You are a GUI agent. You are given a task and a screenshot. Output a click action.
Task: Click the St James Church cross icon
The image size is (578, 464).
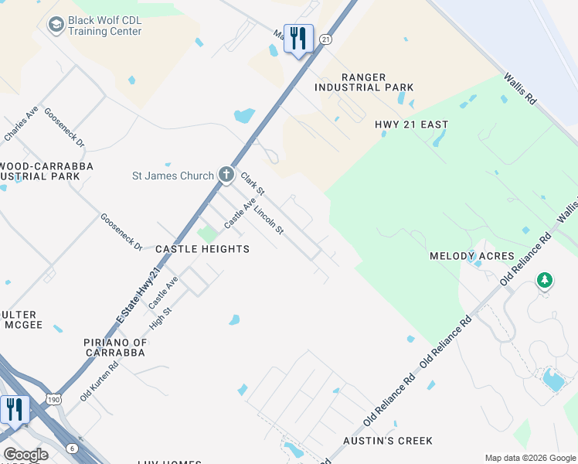click(226, 174)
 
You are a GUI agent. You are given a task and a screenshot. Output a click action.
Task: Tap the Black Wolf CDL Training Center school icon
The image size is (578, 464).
click(56, 26)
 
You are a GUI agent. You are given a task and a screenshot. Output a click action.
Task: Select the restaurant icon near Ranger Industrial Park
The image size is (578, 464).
click(298, 38)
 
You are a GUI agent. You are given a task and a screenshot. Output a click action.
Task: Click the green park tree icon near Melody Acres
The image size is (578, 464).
click(545, 280)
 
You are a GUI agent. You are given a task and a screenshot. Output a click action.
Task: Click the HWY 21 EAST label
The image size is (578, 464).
click(411, 125)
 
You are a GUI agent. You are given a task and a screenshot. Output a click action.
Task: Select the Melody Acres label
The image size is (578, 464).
click(471, 256)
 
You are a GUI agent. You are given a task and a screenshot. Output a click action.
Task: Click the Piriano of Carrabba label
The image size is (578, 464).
click(115, 347)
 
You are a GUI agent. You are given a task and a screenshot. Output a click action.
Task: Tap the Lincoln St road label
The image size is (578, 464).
click(270, 220)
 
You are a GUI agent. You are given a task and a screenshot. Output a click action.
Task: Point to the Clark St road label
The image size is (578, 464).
click(253, 184)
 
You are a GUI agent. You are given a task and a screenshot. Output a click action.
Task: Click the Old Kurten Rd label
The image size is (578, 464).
click(98, 382)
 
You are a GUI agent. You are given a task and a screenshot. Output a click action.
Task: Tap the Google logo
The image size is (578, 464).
click(25, 455)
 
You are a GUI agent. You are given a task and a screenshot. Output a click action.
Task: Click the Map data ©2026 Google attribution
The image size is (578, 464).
click(530, 458)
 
